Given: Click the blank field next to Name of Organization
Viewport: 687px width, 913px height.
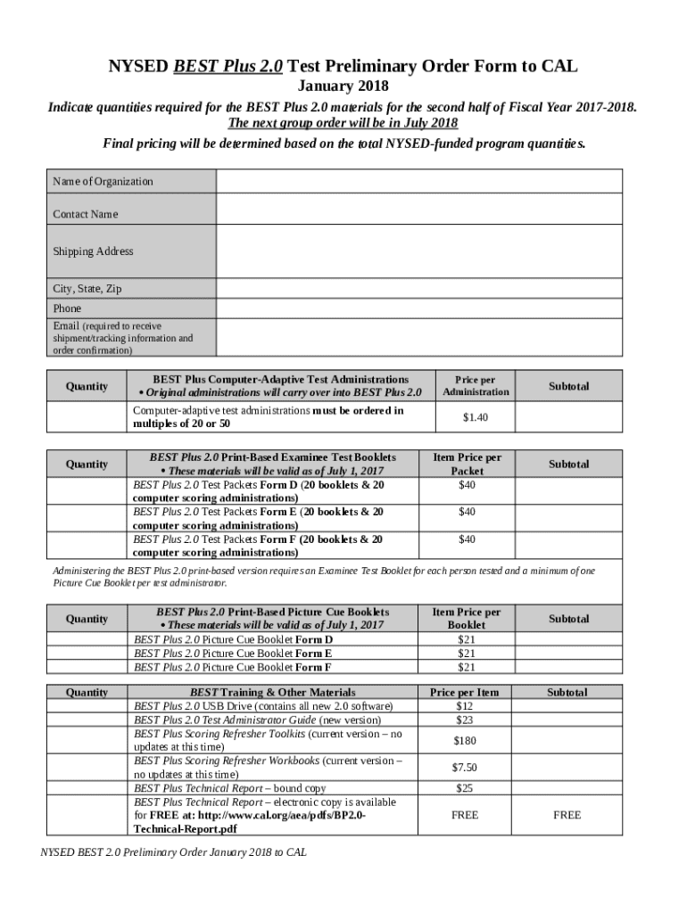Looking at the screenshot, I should (x=419, y=181).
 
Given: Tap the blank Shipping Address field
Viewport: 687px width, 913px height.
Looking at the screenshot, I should (x=419, y=251).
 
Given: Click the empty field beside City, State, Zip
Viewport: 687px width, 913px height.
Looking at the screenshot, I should (x=419, y=289).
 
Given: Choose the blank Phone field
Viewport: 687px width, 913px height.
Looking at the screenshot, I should (x=419, y=308).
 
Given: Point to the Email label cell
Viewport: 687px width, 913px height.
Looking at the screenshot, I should (x=130, y=338).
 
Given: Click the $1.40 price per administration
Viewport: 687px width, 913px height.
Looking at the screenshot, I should (x=476, y=416).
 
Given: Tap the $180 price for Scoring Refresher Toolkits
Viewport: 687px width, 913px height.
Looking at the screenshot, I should (x=466, y=740).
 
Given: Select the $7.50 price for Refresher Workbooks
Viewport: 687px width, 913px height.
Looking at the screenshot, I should (x=466, y=767).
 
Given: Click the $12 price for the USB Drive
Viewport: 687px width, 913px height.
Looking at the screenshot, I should (x=465, y=705).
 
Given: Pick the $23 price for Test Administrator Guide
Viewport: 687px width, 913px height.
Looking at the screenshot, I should (x=465, y=720).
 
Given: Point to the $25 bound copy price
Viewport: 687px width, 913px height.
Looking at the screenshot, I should (x=465, y=788).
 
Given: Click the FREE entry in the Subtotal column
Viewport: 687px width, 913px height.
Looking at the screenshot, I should (x=567, y=815).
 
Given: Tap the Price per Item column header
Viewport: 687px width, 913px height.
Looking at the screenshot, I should (x=465, y=692).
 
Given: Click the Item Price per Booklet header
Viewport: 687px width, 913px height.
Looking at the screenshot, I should (x=467, y=619).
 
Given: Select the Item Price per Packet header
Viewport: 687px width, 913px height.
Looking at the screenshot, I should (x=467, y=464).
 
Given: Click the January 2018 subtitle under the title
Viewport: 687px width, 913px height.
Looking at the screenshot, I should (x=343, y=87).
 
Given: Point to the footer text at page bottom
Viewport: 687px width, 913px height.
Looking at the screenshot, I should (x=174, y=852).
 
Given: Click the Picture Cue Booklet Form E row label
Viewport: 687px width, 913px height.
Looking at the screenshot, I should (x=233, y=653).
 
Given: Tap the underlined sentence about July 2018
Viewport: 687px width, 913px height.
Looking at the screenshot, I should (x=343, y=123).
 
